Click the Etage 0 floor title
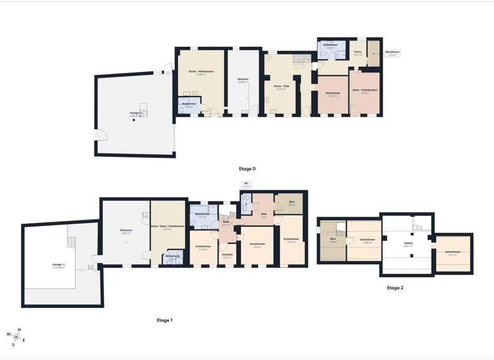click(x=247, y=168)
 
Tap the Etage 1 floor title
click(x=164, y=319)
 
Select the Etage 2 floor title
click(x=395, y=288)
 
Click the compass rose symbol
click(x=17, y=336)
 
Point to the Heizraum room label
click(x=243, y=80)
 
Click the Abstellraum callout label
click(x=392, y=53)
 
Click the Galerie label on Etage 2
click(x=407, y=245)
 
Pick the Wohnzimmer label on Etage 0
click(x=333, y=94)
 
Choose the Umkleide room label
click(x=227, y=256)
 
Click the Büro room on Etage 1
click(x=291, y=203)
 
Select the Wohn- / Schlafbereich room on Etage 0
click(x=365, y=91)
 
